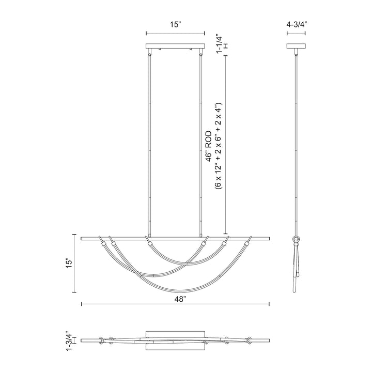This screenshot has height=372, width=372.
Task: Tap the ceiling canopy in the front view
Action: tap(176, 47)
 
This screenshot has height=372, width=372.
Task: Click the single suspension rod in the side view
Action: tap(297, 145)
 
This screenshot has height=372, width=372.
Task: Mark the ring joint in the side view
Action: tap(298, 239)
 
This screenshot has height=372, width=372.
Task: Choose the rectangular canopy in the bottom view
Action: tap(176, 339)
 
